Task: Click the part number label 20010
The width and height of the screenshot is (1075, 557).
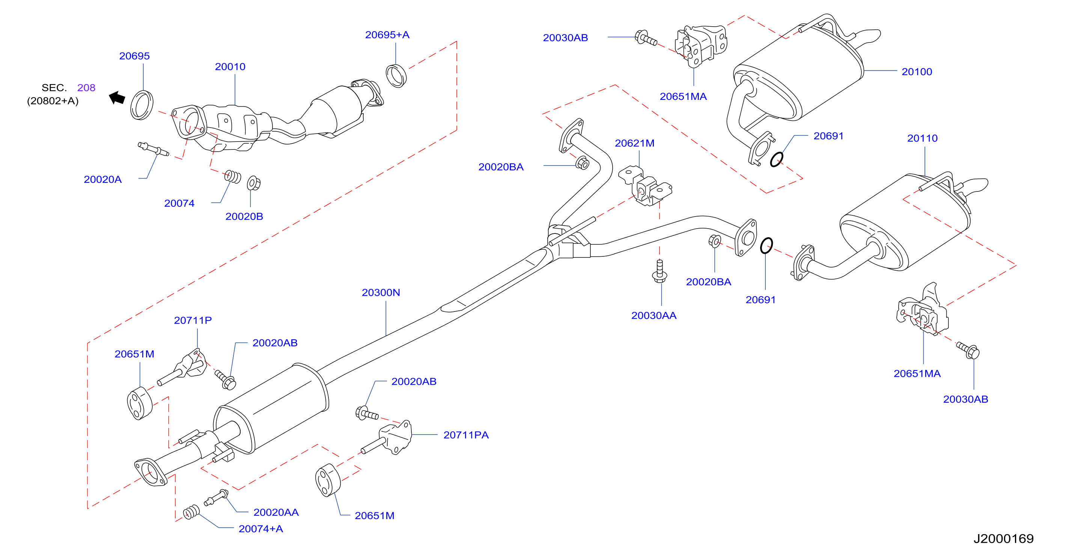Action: [230, 67]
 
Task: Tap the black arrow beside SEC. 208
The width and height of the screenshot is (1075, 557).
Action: [117, 98]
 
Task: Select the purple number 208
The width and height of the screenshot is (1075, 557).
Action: [86, 87]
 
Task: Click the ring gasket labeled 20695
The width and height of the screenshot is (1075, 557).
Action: [142, 105]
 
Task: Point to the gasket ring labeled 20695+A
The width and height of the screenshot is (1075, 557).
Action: [396, 75]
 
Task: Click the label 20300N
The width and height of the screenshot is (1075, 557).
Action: [381, 292]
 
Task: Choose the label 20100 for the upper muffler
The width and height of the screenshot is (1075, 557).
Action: [917, 72]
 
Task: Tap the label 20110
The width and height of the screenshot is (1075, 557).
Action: [922, 138]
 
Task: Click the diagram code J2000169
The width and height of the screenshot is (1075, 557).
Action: [1004, 539]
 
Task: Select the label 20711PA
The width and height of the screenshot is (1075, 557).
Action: [466, 435]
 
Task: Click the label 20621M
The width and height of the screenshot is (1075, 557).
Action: [634, 143]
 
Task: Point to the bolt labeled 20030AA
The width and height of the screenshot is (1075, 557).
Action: [659, 271]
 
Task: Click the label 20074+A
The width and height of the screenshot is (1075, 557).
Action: [261, 528]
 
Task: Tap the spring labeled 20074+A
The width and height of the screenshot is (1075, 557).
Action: [191, 512]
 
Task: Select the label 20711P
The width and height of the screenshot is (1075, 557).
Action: [193, 320]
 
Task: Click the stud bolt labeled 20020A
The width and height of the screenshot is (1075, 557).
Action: [153, 149]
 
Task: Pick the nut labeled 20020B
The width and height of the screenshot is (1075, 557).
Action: [254, 183]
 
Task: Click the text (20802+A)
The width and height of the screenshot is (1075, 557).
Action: [53, 101]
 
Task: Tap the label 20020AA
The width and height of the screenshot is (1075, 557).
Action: [276, 512]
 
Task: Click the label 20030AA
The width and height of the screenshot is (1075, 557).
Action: [653, 315]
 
